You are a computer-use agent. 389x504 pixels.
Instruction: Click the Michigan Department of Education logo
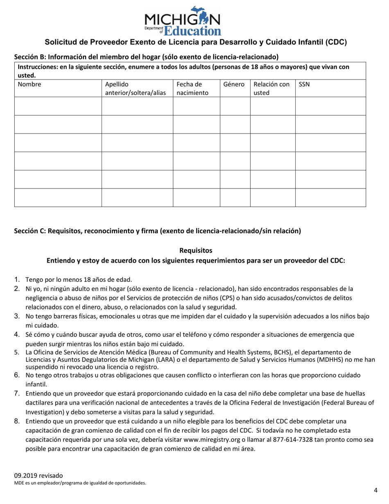point(182,20)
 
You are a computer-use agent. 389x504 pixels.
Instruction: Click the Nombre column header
point(27,84)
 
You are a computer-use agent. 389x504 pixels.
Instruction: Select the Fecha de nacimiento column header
point(190,89)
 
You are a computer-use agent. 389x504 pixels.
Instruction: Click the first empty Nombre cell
point(58,106)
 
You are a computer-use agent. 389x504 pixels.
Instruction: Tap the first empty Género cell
point(235,106)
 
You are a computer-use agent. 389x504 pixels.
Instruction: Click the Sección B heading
point(146,57)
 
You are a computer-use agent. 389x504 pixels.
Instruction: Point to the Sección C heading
point(157,231)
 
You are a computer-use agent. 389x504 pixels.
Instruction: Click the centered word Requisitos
point(196,250)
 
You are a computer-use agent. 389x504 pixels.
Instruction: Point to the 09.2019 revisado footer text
point(38,476)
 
